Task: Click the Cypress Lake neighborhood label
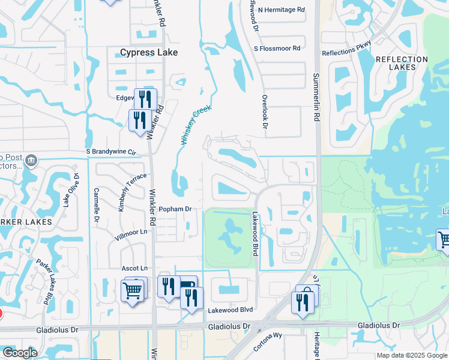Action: (149, 53)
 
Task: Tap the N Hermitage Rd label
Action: (282, 10)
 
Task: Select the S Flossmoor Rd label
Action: (277, 48)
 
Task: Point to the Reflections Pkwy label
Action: (347, 49)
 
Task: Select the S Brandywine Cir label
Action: (111, 152)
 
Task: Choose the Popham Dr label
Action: (175, 209)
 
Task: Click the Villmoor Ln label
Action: (131, 232)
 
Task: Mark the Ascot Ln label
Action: (134, 268)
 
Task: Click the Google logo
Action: (19, 353)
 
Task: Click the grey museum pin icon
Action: (31, 161)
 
